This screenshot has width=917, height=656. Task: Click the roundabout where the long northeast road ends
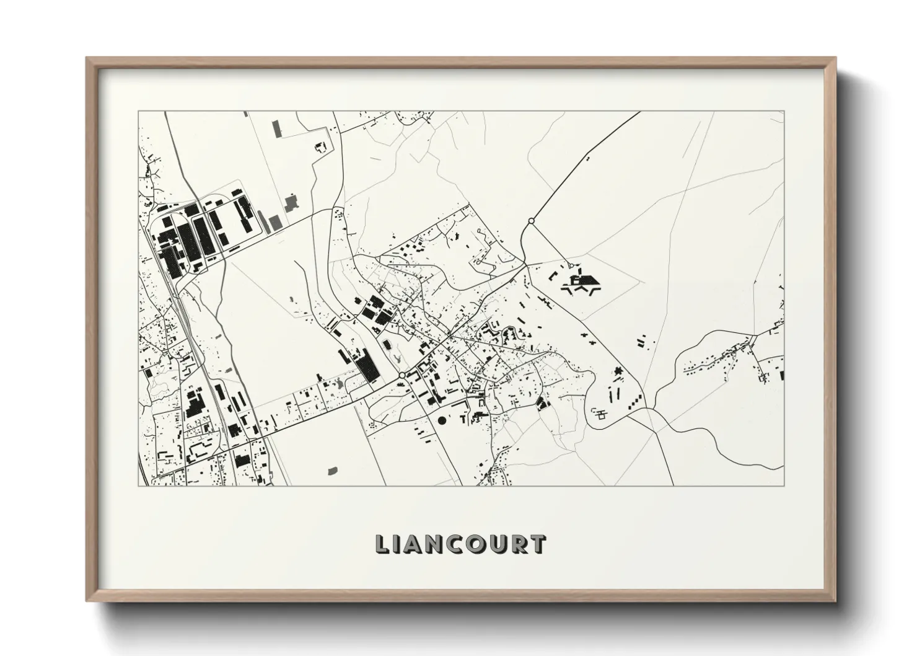click(531, 221)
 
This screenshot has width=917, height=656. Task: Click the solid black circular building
click(442, 420)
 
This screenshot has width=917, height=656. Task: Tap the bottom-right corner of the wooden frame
click(835, 600)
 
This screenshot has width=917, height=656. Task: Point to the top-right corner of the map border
click(784, 112)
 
